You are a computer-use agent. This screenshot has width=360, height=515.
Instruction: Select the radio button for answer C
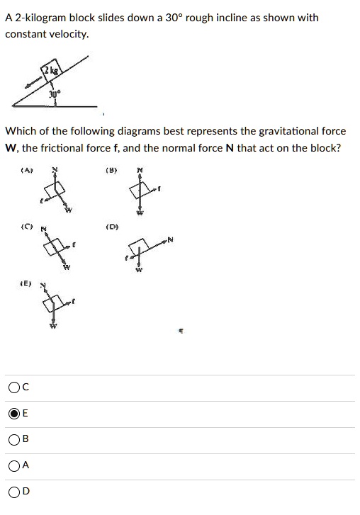(x=14, y=387)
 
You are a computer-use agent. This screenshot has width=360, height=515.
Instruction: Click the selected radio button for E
(x=14, y=414)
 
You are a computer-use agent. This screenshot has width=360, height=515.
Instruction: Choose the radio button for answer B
(x=14, y=439)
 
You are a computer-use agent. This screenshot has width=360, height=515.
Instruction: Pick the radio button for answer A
(x=14, y=465)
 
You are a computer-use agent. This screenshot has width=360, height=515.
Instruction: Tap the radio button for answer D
(x=14, y=492)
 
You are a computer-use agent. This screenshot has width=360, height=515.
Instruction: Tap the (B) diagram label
(x=111, y=170)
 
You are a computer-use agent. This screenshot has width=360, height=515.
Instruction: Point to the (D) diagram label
(x=111, y=227)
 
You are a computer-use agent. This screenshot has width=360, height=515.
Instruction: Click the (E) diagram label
(x=26, y=283)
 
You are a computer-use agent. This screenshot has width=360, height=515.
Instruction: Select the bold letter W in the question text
(x=11, y=147)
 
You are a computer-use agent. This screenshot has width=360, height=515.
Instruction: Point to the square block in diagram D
(x=140, y=246)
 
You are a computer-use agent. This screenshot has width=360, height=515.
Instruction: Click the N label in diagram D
(x=171, y=242)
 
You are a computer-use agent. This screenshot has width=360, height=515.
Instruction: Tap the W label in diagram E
(x=52, y=327)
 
